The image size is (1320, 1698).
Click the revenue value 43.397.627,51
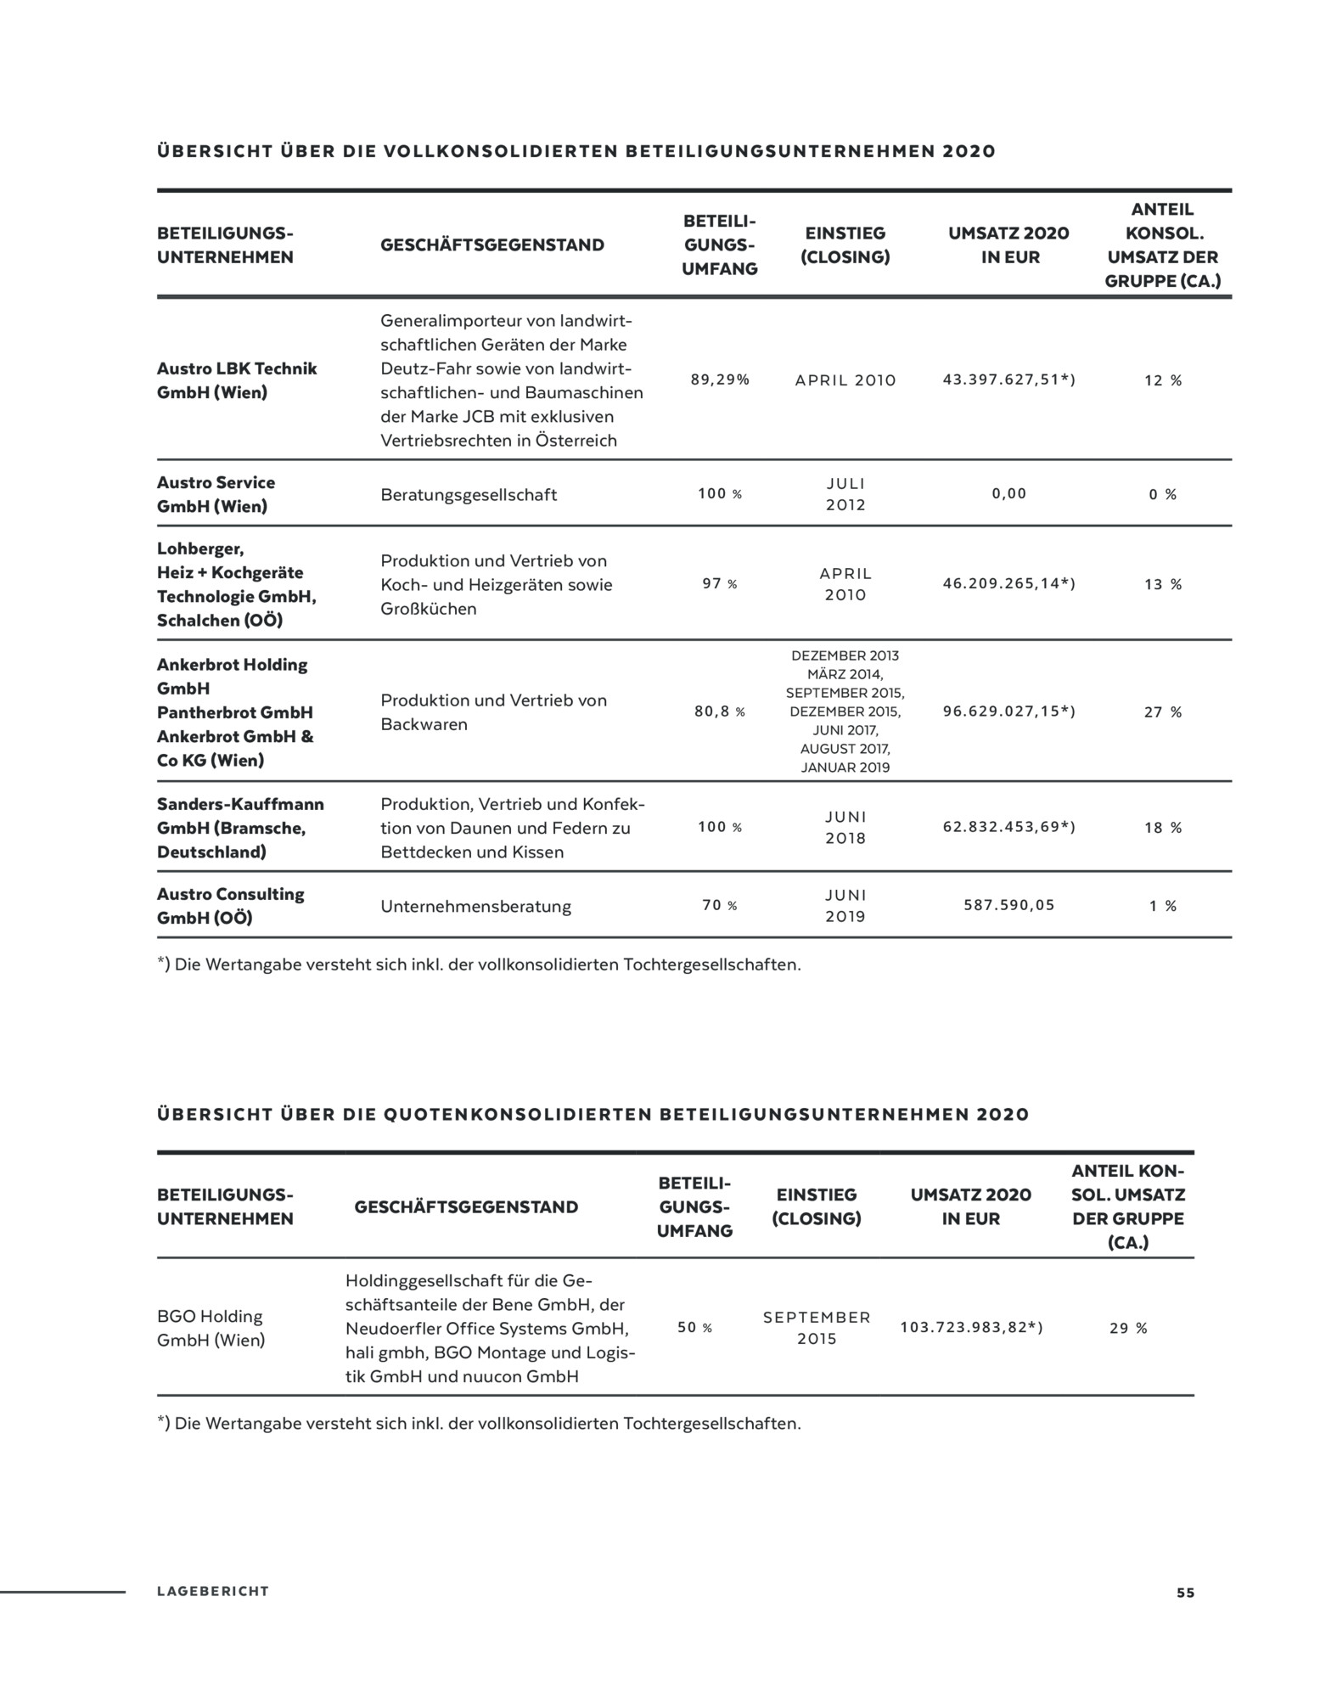pos(1008,380)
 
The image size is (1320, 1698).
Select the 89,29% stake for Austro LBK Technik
pos(720,380)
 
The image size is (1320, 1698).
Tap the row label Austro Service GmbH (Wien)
pos(216,494)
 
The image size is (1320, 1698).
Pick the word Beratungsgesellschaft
pos(469,495)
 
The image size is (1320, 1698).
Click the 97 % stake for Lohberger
pos(720,584)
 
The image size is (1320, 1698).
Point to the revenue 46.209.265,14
pos(1008,584)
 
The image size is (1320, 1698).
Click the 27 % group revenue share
pos(1162,712)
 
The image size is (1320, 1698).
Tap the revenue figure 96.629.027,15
pos(1008,711)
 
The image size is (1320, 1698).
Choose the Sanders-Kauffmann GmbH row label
pos(240,828)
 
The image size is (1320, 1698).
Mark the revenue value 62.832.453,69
pos(1008,827)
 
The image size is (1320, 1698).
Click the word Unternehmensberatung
pos(475,907)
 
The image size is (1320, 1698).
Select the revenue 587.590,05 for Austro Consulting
pos(1008,906)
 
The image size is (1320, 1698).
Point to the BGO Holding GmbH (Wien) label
pos(211,1328)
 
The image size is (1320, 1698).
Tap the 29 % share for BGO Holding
pos(1128,1329)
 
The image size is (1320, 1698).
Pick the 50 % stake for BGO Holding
pos(694,1328)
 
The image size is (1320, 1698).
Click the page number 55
pos(1185,1593)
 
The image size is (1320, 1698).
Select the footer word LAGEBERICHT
pos(212,1592)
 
